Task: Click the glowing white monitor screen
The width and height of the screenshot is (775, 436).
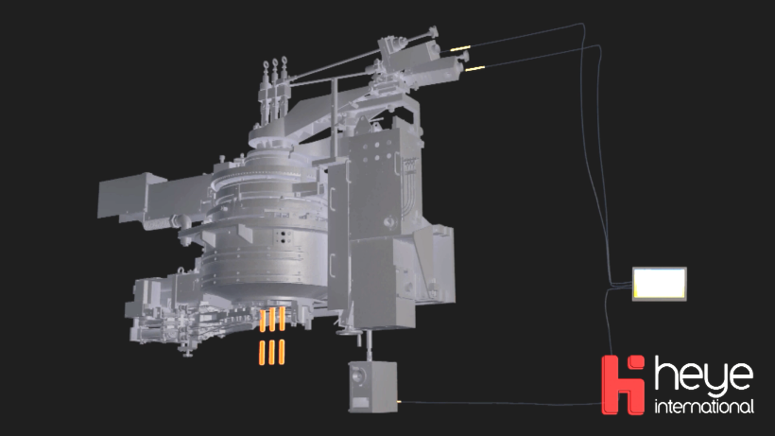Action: coord(660,283)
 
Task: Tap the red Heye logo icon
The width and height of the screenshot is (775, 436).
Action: coord(623,385)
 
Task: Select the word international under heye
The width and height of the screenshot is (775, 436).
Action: coord(704,407)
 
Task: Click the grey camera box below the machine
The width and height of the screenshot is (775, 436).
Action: coord(372,387)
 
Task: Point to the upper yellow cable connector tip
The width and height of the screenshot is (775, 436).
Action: coord(460,48)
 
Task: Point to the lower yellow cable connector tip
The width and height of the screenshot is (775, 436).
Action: coord(474,69)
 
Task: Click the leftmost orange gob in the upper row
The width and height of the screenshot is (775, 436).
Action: coord(263,321)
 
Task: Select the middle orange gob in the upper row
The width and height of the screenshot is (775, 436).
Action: coord(272,320)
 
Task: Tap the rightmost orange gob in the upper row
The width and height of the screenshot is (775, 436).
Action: coord(282,319)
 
